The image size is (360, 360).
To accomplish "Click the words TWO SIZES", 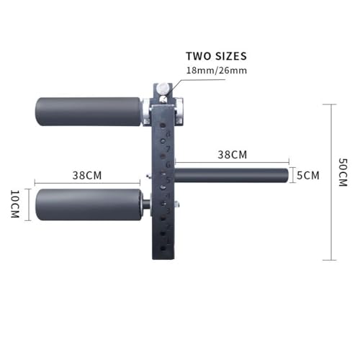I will point(216,56).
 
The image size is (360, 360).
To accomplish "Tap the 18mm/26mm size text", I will point(216,71).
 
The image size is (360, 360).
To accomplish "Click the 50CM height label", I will point(343,174).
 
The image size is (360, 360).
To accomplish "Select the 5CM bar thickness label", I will point(307,176).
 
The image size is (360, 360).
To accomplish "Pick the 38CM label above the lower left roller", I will point(86,176).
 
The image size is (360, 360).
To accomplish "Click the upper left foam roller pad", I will point(88,111).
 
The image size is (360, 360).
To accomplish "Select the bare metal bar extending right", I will point(230,175).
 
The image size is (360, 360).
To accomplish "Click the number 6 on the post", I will point(168,165).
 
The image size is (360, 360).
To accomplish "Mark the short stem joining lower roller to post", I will point(146,204).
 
